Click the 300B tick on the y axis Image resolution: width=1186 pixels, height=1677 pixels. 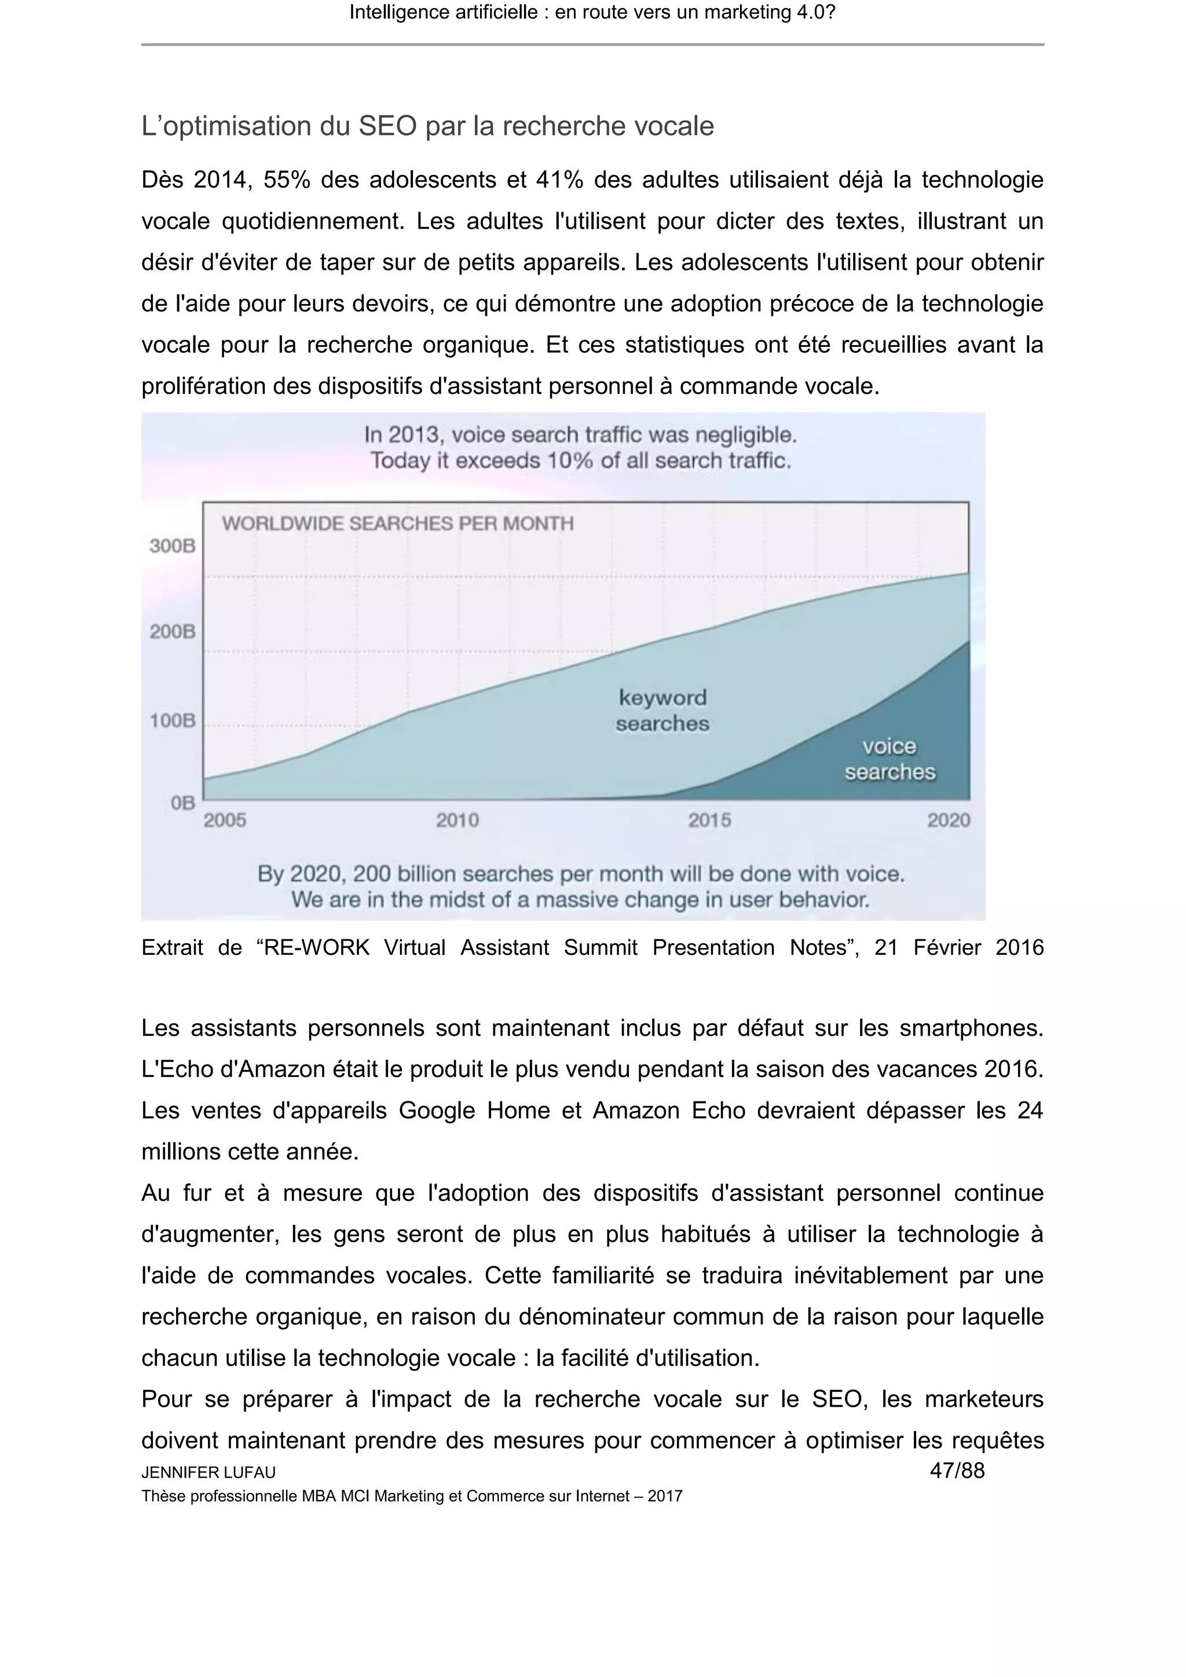tap(173, 545)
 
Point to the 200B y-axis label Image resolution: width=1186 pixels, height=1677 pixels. tap(173, 631)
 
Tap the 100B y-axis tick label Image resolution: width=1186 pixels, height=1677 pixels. tap(173, 721)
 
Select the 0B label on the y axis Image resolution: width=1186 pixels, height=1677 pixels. tap(182, 803)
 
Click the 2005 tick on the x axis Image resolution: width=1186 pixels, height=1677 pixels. tap(225, 820)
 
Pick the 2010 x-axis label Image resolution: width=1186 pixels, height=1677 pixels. tap(458, 820)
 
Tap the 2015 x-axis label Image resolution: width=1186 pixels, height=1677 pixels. tap(709, 820)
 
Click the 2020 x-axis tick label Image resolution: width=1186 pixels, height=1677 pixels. tap(949, 820)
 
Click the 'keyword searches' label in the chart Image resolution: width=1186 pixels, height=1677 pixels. tap(662, 711)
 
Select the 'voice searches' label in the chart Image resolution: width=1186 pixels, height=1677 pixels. tap(889, 759)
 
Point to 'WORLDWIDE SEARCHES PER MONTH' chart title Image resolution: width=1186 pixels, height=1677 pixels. tap(398, 523)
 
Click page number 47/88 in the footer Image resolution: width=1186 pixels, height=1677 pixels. tap(957, 1470)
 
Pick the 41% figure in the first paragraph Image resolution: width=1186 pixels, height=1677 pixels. tap(559, 180)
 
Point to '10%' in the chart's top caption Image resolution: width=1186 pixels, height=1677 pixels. tap(567, 461)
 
